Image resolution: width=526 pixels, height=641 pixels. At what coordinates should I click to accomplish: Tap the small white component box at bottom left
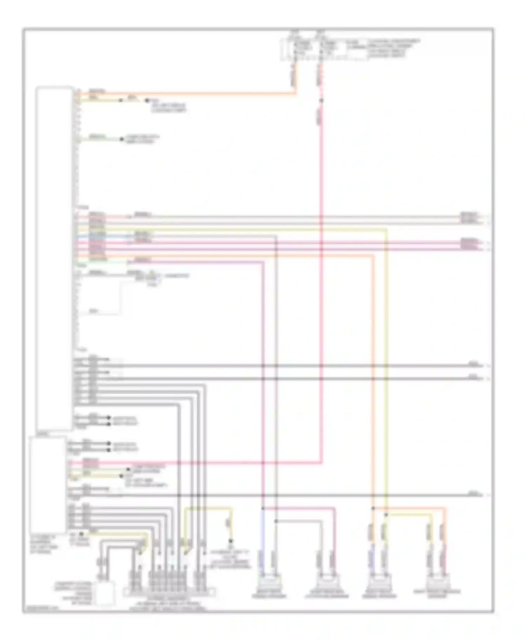pos(104,593)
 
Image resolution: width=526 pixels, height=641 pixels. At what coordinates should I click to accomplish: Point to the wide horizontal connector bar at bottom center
pos(169,592)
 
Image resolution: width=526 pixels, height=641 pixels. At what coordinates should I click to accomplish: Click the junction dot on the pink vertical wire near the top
pos(321,101)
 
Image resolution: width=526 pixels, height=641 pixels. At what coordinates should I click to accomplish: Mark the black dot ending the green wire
pos(122,139)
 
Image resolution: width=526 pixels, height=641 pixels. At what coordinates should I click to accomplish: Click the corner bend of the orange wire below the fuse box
pos(295,93)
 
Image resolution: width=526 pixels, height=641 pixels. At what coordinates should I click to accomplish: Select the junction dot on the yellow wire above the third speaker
pos(386,515)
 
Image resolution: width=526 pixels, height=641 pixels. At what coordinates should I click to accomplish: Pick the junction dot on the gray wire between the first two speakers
pos(276,521)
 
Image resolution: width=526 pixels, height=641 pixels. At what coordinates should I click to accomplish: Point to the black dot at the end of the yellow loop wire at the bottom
pos(231,541)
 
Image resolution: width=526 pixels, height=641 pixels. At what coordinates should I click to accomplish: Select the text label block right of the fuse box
pos(393,48)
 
